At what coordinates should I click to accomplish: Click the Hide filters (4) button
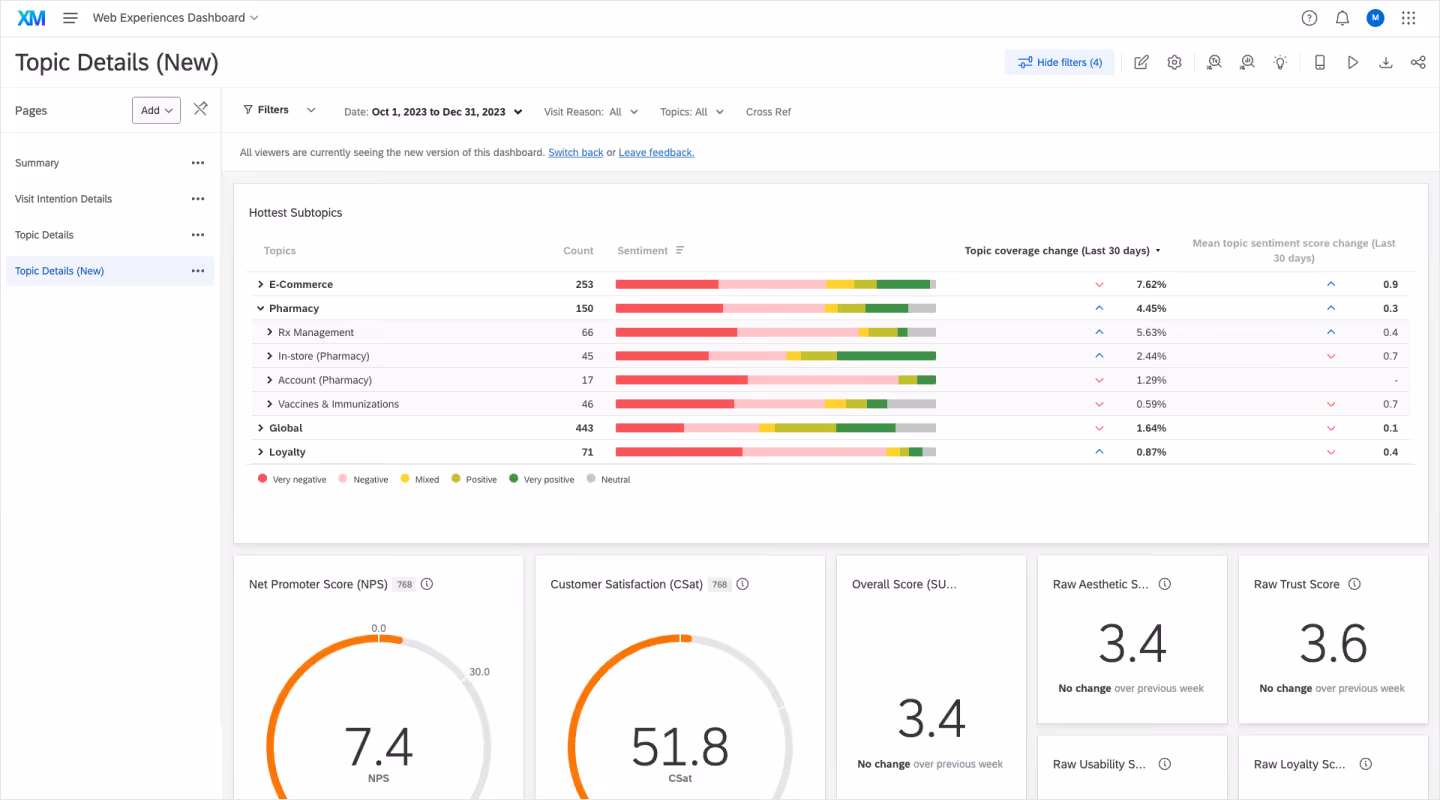1059,62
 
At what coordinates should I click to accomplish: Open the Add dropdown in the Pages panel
156,110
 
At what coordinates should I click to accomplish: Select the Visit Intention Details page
64,199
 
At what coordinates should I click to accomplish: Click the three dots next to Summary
198,163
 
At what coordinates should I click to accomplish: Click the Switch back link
576,152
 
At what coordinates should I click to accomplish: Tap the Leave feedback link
656,152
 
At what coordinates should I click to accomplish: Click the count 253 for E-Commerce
584,284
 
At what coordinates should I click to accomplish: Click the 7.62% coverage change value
1151,284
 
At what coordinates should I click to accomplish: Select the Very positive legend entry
541,480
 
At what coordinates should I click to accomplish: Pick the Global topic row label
286,428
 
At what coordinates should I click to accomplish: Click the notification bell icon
1342,18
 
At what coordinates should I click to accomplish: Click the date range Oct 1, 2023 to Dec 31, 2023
438,112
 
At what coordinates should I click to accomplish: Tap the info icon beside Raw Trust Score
1354,584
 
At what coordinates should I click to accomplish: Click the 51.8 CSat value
680,745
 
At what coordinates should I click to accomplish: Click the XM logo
31,18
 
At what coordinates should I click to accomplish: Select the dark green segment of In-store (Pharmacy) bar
886,356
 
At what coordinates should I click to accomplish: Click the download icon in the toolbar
1385,62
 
